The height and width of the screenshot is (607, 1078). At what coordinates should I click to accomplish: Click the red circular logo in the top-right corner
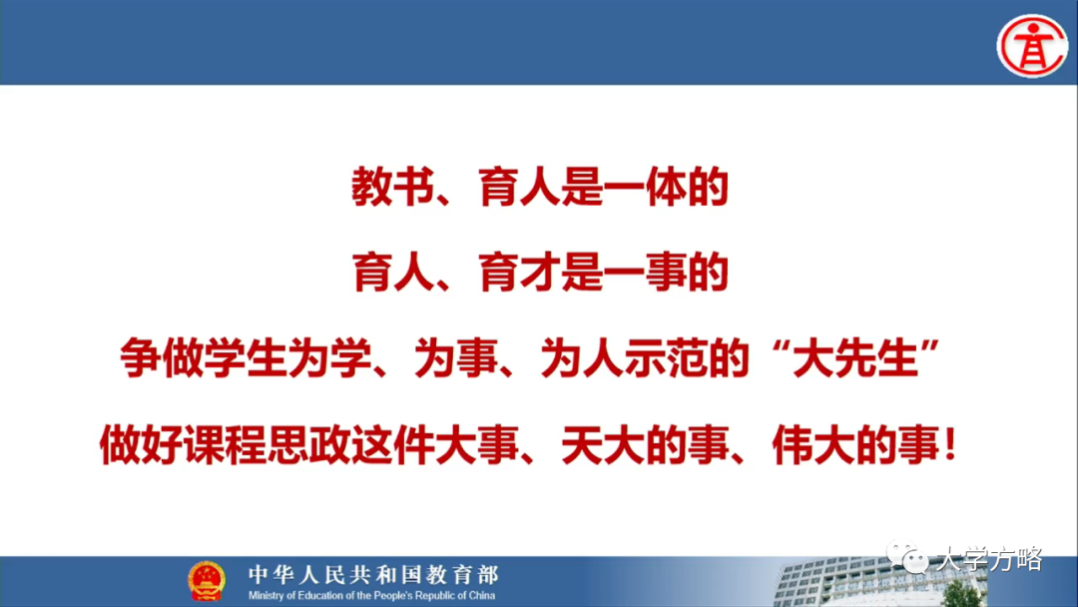pos(1032,44)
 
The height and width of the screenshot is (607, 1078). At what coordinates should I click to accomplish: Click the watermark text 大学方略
pos(988,560)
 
